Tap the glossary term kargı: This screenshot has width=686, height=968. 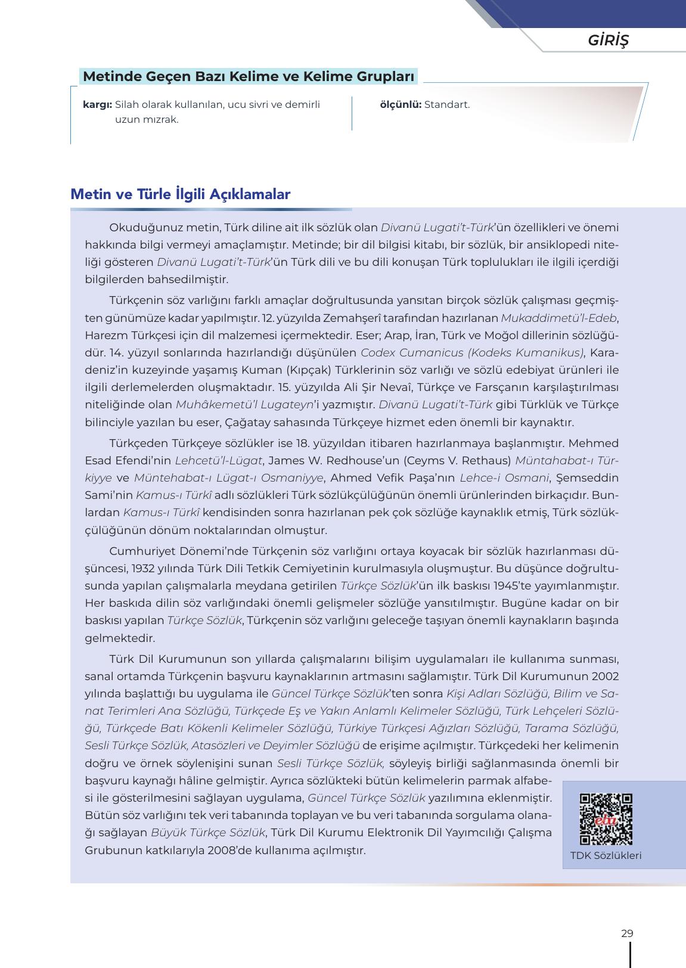[98, 105]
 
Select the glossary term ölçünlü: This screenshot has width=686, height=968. [401, 105]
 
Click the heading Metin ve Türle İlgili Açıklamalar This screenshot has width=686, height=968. [180, 194]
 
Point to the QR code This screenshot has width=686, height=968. [606, 819]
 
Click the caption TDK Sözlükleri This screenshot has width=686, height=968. [606, 855]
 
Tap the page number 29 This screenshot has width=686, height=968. [626, 933]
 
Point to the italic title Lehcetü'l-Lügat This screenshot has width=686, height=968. [218, 461]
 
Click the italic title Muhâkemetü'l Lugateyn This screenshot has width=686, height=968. [244, 405]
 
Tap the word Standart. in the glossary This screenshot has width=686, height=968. [447, 105]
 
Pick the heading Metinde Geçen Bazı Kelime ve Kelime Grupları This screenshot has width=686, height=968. [248, 77]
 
